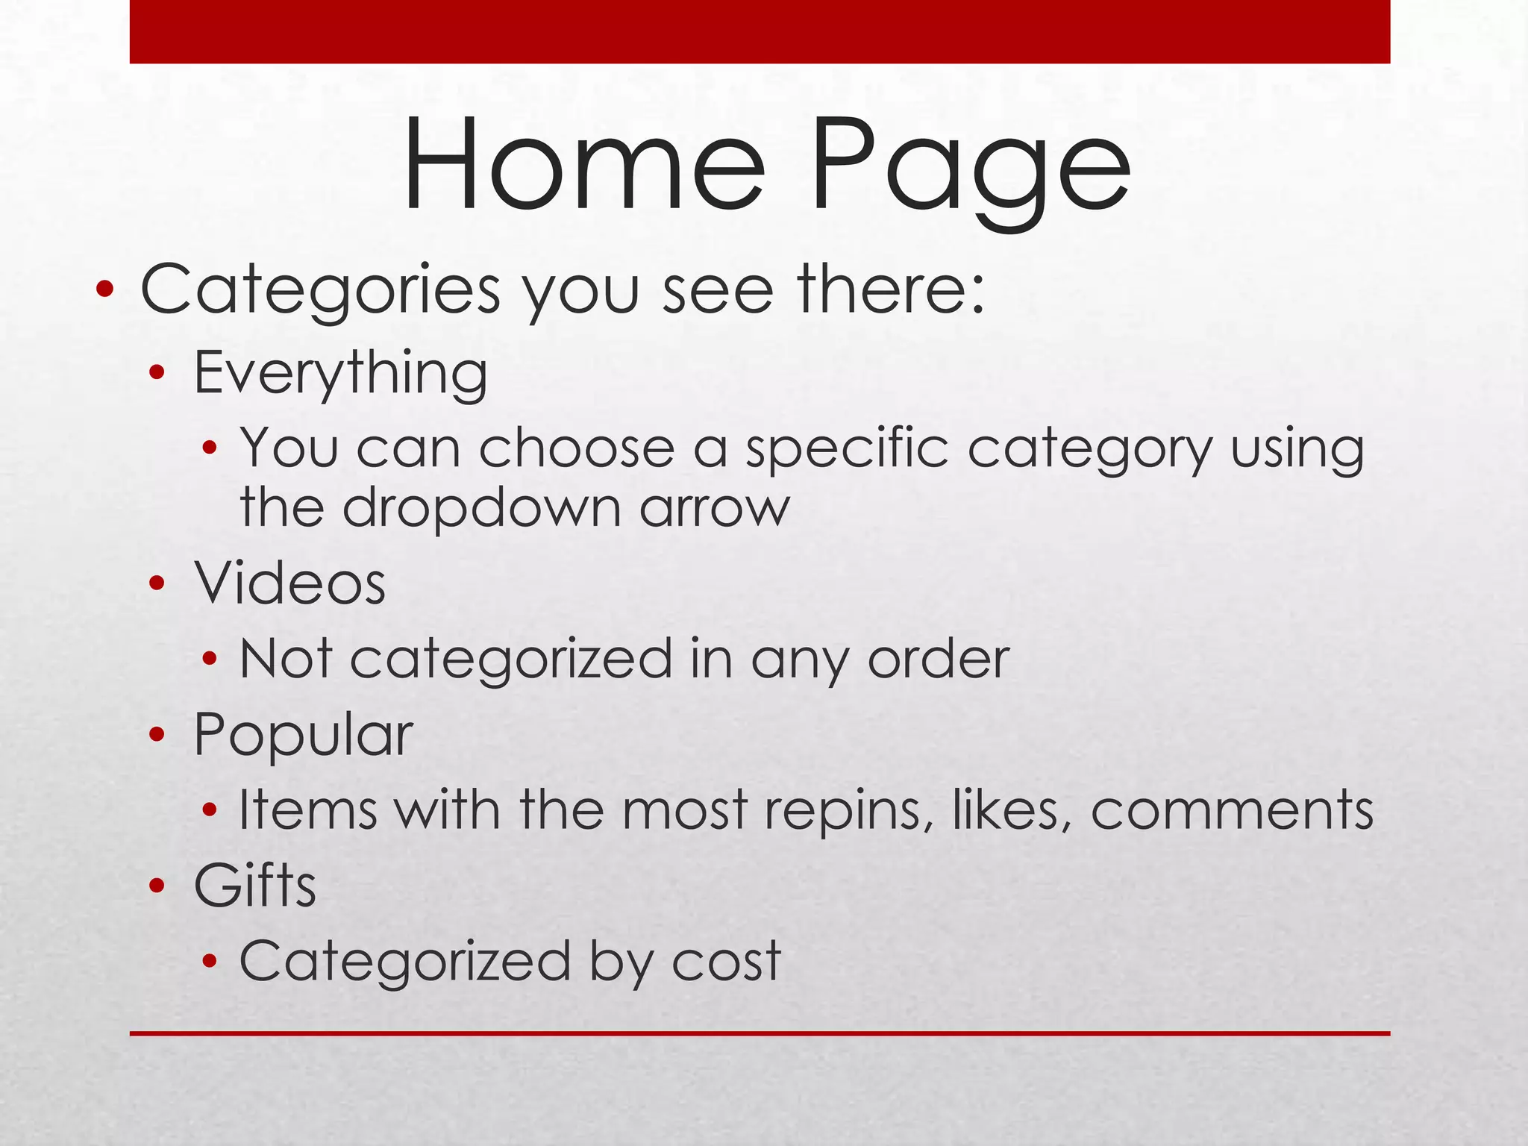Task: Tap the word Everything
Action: tap(340, 372)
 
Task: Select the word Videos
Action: tap(290, 583)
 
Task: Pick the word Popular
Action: tap(303, 735)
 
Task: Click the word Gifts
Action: tap(255, 886)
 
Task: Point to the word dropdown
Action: tap(482, 508)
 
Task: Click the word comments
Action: tap(1232, 811)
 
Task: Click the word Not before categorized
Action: tap(286, 659)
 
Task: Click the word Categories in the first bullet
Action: tap(321, 290)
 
